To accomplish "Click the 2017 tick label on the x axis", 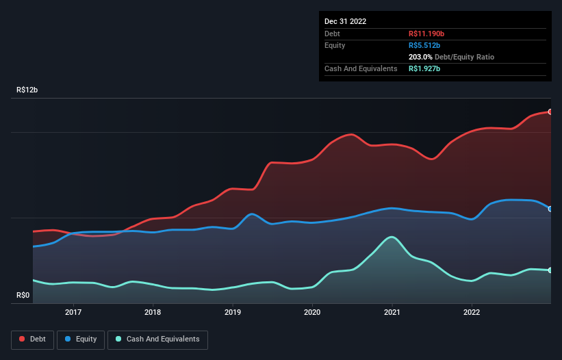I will click(73, 312).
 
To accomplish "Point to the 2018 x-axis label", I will click(153, 312).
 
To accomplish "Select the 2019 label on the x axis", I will click(233, 312).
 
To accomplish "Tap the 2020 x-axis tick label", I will click(312, 312).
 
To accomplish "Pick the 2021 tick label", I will click(392, 312).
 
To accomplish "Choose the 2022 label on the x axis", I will click(472, 312).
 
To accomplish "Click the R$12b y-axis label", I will click(27, 90).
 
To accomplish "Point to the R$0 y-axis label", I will click(23, 296).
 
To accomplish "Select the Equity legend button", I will click(81, 339).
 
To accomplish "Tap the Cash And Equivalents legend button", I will click(157, 339).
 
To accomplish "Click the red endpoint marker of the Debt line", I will click(550, 112).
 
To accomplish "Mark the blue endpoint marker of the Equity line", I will click(550, 209).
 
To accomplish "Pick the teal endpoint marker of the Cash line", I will click(550, 270).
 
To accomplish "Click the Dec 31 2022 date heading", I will click(345, 21).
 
